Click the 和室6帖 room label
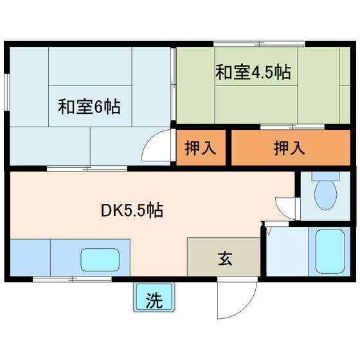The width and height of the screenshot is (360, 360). [x=90, y=106]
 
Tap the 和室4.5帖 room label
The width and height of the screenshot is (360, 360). [x=252, y=72]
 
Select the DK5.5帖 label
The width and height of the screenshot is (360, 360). [x=130, y=210]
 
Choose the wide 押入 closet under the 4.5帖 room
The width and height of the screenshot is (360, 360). [x=289, y=148]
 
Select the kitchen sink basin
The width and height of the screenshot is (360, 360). [x=99, y=259]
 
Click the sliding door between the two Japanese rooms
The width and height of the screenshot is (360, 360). [x=174, y=84]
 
